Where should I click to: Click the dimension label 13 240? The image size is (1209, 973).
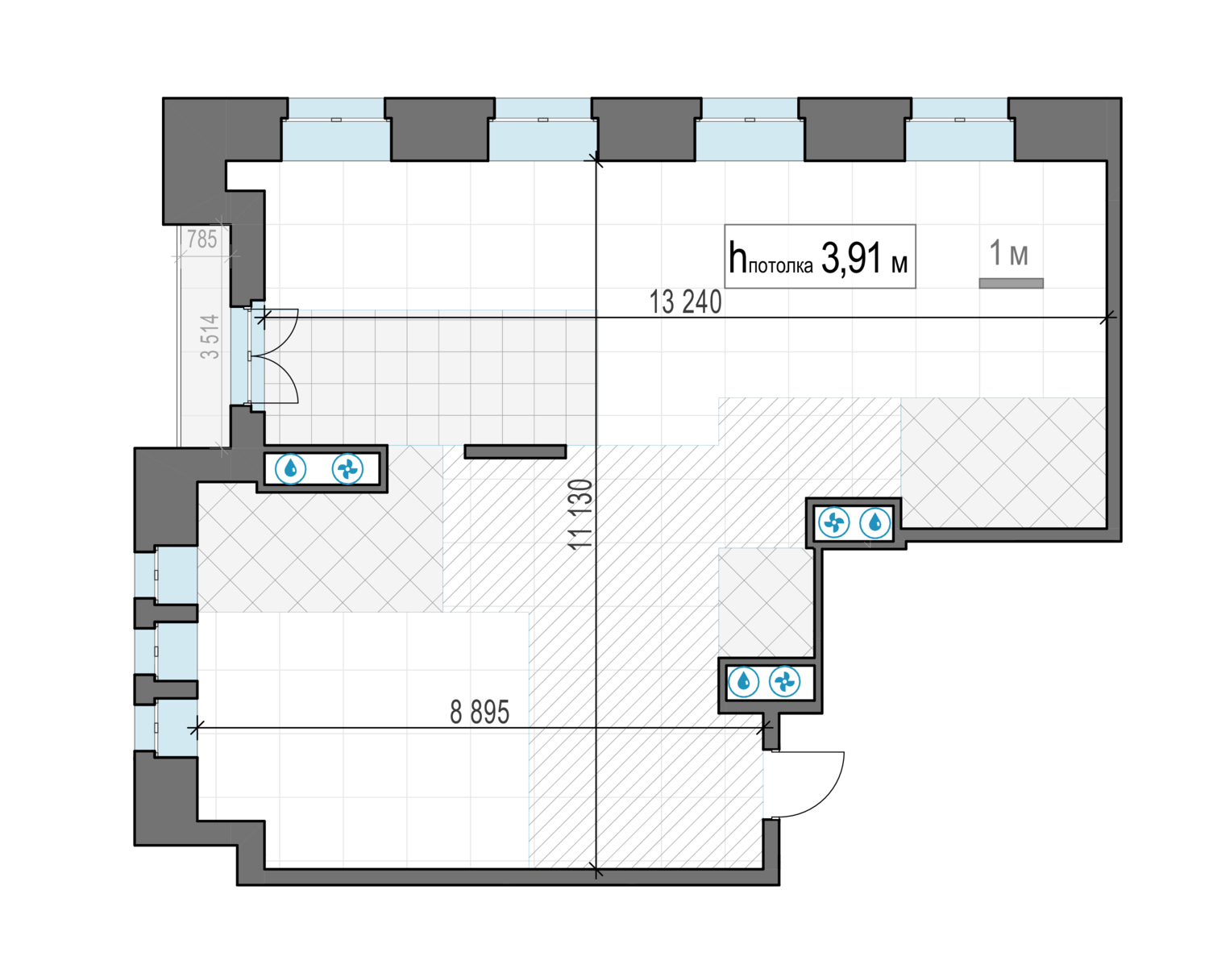[x=685, y=302]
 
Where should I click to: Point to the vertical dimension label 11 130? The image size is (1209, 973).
[x=580, y=514]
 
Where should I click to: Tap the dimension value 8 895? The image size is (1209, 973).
[x=480, y=713]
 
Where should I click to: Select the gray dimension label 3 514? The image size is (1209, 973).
[x=210, y=336]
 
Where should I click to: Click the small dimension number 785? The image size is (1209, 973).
[x=201, y=239]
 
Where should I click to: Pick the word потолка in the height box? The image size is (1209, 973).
[x=780, y=265]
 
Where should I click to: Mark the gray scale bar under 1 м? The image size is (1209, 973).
[x=1011, y=283]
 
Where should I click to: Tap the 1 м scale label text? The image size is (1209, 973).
[x=1008, y=253]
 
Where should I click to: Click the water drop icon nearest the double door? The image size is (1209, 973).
[x=291, y=468]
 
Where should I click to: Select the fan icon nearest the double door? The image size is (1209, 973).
[x=347, y=468]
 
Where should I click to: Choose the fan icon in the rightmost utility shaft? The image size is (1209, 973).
[x=834, y=523]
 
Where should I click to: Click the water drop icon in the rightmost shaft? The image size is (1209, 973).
[x=875, y=523]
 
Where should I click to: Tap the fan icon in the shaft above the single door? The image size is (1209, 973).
[x=784, y=682]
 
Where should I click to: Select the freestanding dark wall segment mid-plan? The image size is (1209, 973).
[x=515, y=452]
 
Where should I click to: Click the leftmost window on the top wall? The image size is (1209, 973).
[x=335, y=129]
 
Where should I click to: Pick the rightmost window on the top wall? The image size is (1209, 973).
[x=959, y=129]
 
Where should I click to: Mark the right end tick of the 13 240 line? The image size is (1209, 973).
[x=1108, y=318]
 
